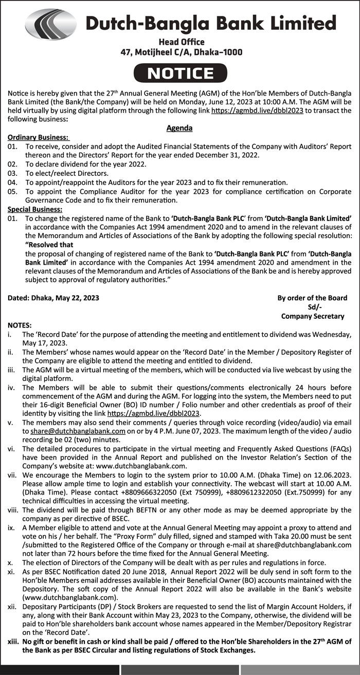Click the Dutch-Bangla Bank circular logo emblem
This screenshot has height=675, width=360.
click(50, 25)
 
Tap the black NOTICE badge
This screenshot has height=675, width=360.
click(180, 73)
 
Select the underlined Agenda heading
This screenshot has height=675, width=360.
click(179, 128)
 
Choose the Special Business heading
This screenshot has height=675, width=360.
click(35, 209)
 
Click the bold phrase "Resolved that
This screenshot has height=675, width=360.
click(49, 245)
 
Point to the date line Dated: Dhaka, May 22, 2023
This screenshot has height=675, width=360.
click(54, 298)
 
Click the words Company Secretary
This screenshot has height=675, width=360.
click(313, 316)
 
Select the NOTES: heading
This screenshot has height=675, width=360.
click(20, 325)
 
